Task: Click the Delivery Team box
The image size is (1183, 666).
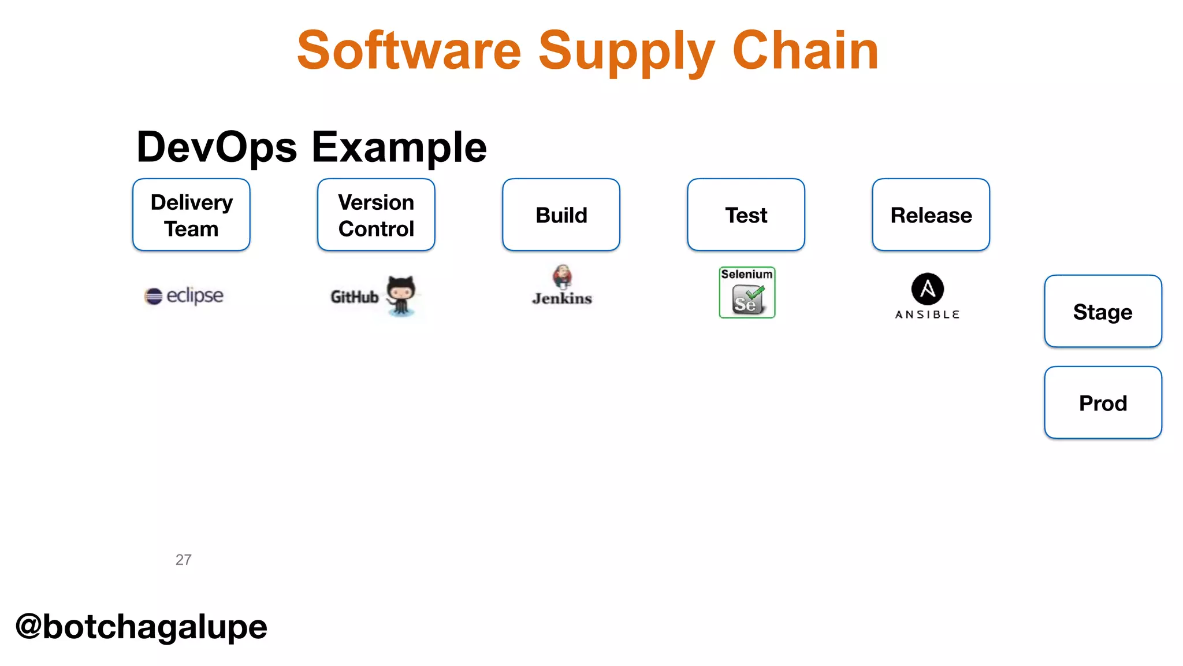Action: point(191,215)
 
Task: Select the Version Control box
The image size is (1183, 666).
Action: point(376,215)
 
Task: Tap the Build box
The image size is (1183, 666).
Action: point(561,215)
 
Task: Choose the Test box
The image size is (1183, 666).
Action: point(746,215)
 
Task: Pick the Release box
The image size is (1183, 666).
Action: point(931,215)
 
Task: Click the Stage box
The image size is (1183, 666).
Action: point(1103,312)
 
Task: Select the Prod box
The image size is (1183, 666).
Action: point(1103,403)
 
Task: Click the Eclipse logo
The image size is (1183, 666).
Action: point(184,295)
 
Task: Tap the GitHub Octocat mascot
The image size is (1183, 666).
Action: point(401,295)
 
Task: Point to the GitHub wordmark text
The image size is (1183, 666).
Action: point(354,297)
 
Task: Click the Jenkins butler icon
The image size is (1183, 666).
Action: point(562,277)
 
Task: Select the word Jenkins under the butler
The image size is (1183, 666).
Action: point(562,299)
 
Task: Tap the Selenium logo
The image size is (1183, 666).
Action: point(747,293)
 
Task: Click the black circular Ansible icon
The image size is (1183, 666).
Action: point(927,288)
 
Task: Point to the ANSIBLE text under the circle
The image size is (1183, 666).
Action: point(927,314)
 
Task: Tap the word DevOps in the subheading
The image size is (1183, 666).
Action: point(217,147)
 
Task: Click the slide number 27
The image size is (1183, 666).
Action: point(183,560)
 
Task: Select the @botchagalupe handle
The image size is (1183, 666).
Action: point(142,627)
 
